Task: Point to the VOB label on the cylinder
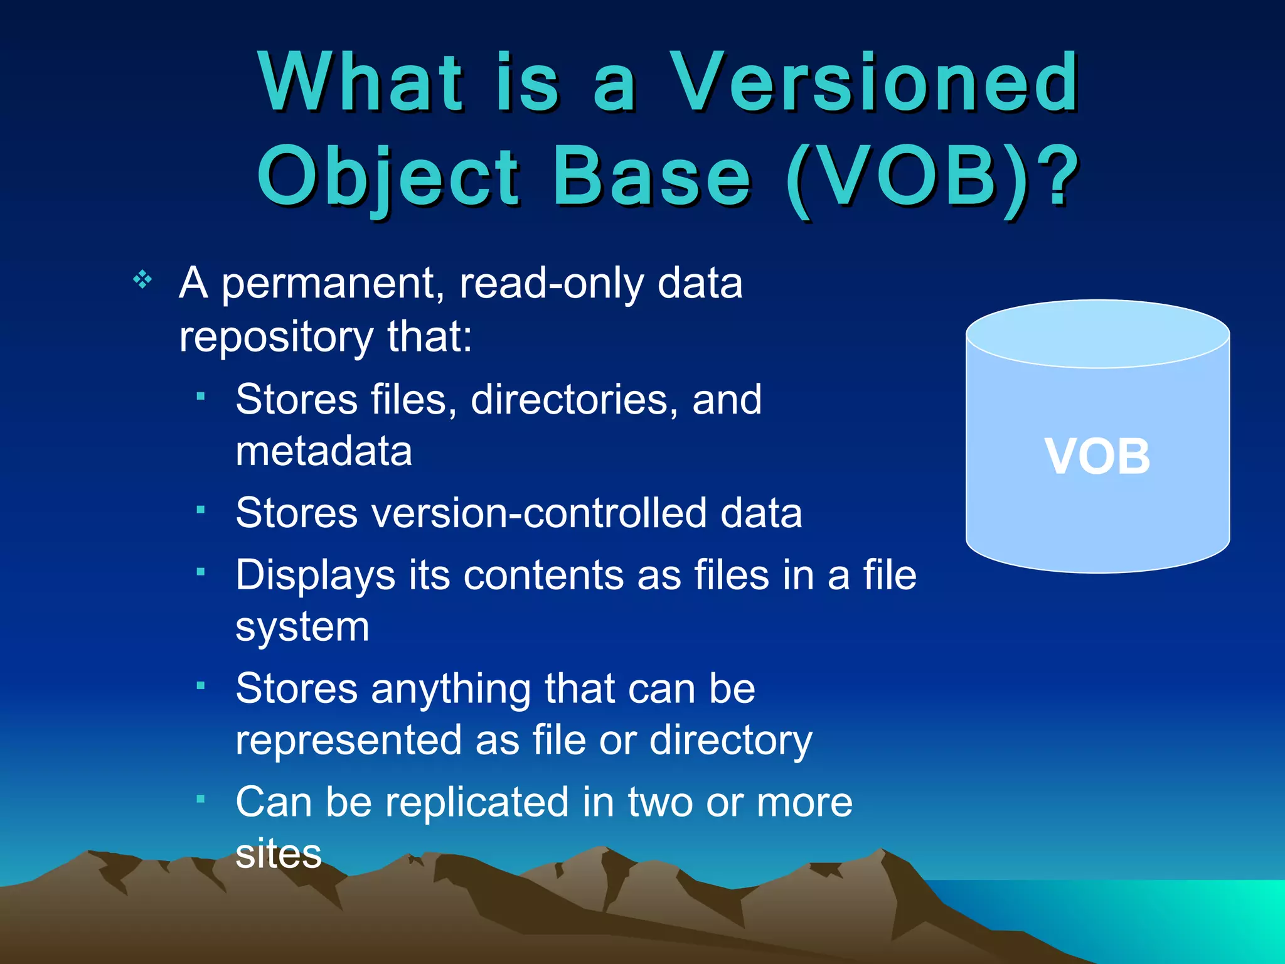[1097, 457]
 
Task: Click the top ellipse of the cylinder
[1097, 334]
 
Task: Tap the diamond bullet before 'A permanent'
[143, 279]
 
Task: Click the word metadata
[324, 451]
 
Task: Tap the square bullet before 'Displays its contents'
[201, 572]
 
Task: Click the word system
[302, 628]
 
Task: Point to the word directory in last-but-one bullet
[730, 741]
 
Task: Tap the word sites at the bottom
[279, 854]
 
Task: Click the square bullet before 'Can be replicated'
[201, 800]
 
